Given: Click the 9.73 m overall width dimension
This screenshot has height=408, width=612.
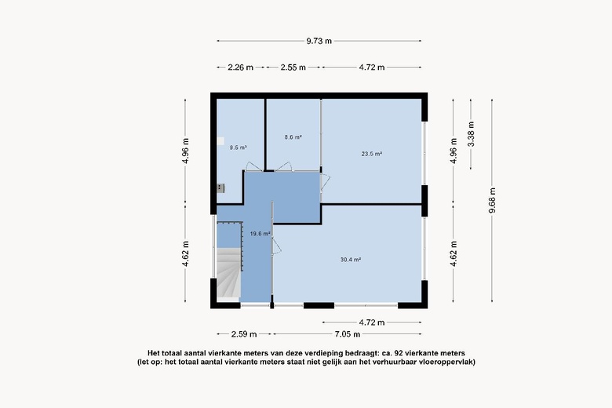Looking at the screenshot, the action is coord(319,41).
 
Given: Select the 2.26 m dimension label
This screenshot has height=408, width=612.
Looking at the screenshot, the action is coord(240,67).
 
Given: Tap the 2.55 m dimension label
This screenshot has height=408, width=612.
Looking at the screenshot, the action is coord(293,67).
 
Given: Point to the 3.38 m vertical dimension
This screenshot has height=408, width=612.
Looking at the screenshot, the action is coord(471,134).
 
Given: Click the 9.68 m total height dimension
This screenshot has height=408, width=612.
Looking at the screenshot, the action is coord(492,200).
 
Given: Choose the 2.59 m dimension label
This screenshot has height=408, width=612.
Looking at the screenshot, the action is coord(244,334).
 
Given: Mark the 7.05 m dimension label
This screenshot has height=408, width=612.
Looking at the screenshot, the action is coord(348,334).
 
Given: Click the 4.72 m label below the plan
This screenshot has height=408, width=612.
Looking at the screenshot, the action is coord(372,322).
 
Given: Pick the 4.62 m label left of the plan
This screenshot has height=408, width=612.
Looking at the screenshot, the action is coord(185,253).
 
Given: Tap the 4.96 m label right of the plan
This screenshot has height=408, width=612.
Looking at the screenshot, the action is coord(454,151).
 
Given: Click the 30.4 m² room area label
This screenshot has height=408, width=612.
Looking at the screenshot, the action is coord(351,259).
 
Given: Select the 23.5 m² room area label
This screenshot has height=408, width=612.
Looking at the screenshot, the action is coord(372,154).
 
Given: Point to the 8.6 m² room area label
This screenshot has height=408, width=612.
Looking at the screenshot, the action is coord(293,137).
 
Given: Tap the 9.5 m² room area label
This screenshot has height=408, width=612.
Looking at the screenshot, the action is coord(238,148).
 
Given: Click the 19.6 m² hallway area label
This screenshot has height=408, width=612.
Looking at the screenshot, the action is coord(260,234).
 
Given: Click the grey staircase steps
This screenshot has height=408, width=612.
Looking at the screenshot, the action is coord(228,273).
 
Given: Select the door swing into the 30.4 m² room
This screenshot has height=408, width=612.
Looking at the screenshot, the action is coord(277,246).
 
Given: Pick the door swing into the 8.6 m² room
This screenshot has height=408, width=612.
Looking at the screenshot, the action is coord(284,166).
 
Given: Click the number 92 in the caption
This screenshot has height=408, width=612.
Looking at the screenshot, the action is coord(399,353).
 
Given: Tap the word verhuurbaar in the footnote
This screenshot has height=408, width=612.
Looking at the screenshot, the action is coord(393,362).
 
